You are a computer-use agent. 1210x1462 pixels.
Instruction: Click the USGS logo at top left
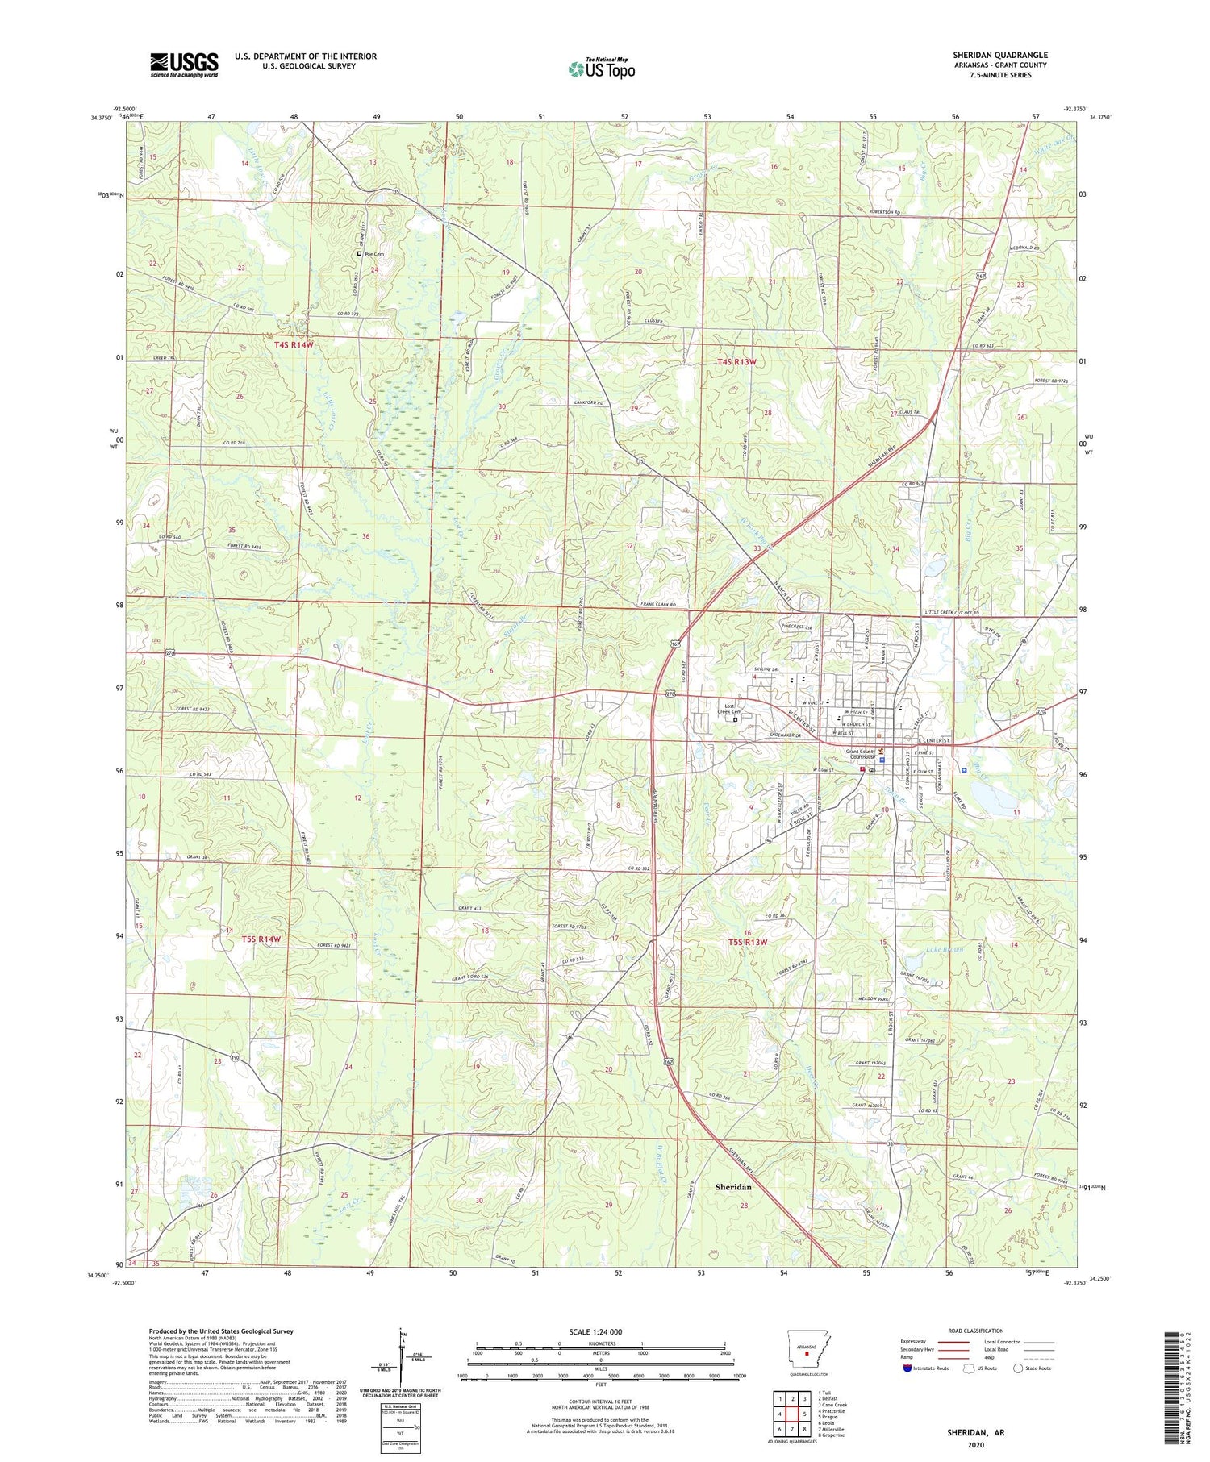click(x=184, y=65)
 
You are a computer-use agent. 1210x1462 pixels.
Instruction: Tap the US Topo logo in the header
click(x=601, y=69)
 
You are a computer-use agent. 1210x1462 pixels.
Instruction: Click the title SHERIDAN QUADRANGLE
click(x=999, y=55)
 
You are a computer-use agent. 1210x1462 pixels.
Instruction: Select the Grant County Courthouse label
click(x=860, y=755)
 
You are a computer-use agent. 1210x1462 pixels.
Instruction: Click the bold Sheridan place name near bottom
click(x=733, y=1187)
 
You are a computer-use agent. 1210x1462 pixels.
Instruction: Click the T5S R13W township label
click(x=748, y=942)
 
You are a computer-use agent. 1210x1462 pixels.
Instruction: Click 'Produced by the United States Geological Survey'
click(x=220, y=1331)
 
